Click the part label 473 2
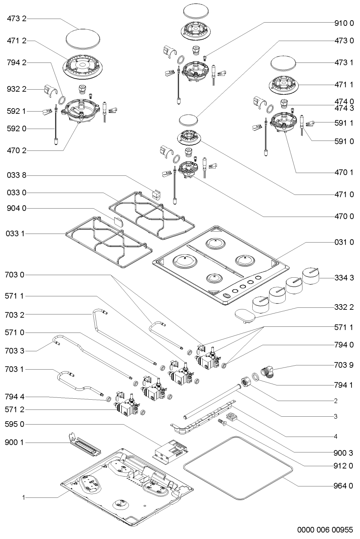pos(16,19)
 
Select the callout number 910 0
pos(344,23)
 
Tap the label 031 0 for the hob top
pos(344,243)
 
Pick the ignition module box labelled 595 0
pos(170,451)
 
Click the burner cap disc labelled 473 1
pos(283,62)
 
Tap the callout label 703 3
pos(15,351)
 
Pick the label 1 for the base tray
pos(24,498)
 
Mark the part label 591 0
pos(344,142)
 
